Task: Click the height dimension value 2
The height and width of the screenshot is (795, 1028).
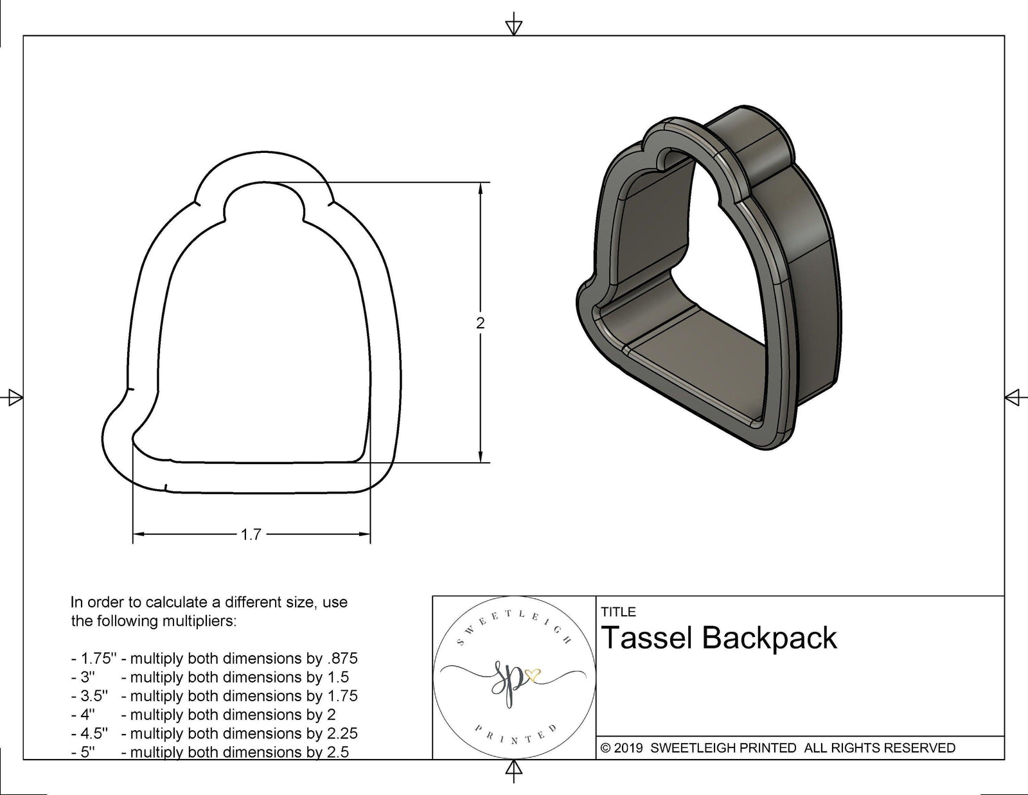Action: coord(480,323)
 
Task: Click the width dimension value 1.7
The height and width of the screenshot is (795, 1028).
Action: coord(251,534)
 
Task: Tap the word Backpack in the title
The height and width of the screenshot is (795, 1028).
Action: coord(769,638)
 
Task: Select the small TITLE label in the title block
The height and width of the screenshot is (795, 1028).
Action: coord(618,612)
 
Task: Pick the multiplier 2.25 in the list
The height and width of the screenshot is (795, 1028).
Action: coord(341,733)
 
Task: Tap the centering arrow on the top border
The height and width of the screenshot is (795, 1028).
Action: coord(513,26)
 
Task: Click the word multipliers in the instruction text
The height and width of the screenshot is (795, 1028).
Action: coord(197,621)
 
